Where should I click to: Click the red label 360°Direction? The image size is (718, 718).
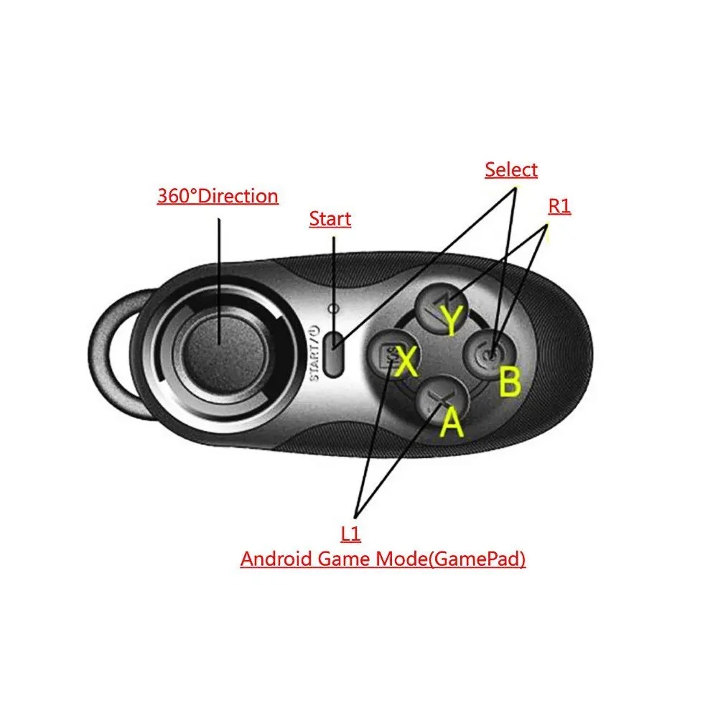(218, 196)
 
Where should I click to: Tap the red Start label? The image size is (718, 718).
(330, 219)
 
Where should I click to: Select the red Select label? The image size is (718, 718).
(510, 170)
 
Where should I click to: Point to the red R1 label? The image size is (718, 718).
(559, 207)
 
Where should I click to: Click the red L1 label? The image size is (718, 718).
(351, 533)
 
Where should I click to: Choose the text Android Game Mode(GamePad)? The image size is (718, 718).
(383, 559)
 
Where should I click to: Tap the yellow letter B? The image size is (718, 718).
(510, 383)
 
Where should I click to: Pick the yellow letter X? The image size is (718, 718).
(406, 360)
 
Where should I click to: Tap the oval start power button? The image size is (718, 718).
(332, 353)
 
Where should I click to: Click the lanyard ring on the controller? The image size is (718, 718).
(115, 352)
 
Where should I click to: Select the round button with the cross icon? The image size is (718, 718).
(437, 398)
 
